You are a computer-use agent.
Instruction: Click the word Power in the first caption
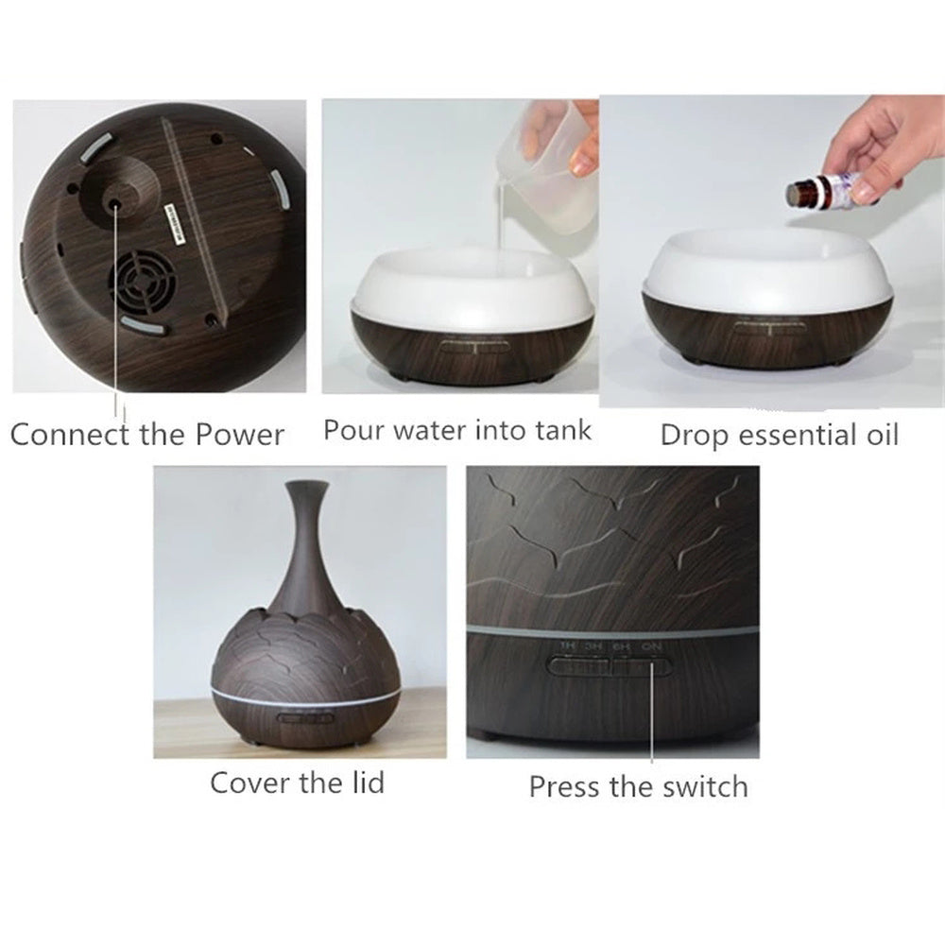coord(239,435)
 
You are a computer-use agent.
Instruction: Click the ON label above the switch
coord(651,646)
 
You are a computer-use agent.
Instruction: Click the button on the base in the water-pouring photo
coord(472,346)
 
